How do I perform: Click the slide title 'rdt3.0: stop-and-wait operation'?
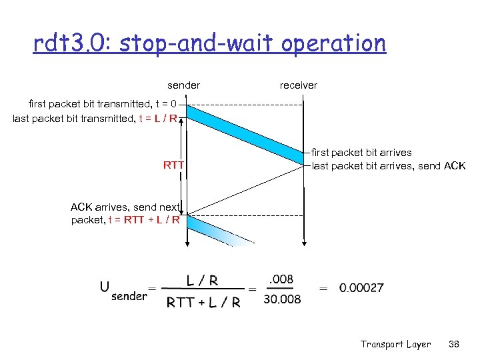click(x=210, y=44)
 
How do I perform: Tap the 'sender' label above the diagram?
click(x=183, y=85)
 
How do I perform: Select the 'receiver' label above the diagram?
click(x=298, y=85)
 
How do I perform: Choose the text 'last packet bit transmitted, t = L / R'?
click(x=95, y=119)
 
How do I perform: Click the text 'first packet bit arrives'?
click(x=362, y=153)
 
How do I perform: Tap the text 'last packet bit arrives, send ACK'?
click(x=389, y=166)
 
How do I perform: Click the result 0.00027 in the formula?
click(x=361, y=288)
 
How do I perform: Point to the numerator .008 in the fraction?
click(x=281, y=279)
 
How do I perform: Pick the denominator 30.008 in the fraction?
click(x=282, y=300)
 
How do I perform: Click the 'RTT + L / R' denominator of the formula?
click(x=203, y=302)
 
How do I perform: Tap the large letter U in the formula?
click(x=105, y=287)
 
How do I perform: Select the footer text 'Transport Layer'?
click(x=395, y=344)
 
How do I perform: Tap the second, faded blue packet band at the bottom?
click(x=220, y=231)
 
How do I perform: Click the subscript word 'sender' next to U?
click(x=129, y=295)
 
